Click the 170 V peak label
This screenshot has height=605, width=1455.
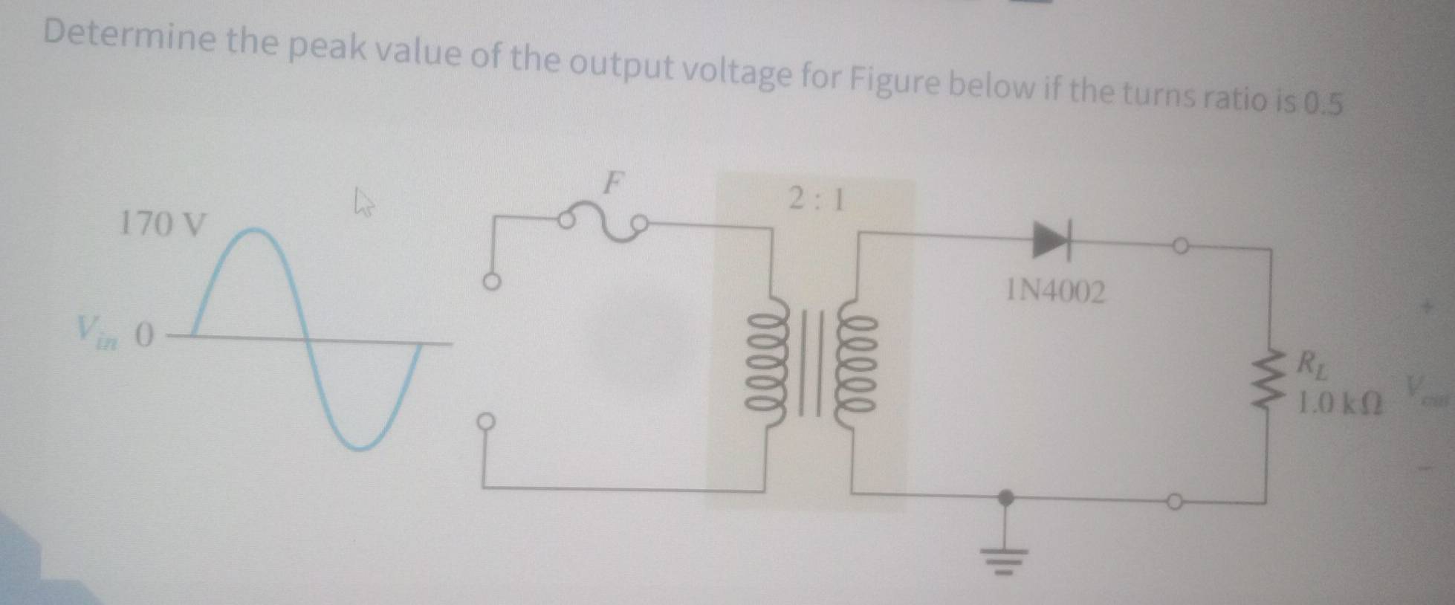[x=161, y=223]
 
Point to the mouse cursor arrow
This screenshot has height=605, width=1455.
[x=363, y=201]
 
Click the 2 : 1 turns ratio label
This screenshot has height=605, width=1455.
[x=817, y=199]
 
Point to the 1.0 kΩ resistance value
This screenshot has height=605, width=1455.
[x=1338, y=404]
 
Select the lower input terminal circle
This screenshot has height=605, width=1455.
[x=486, y=421]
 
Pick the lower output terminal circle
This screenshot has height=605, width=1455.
[x=1173, y=503]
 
